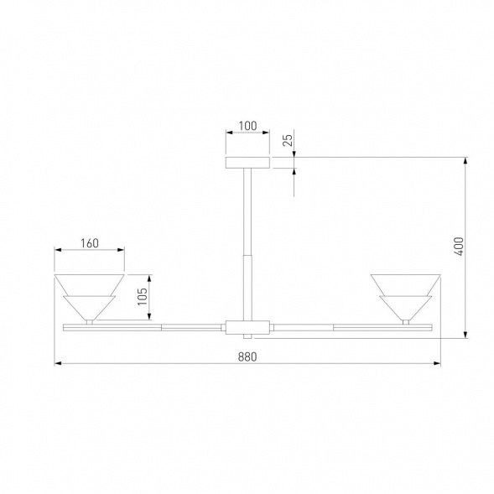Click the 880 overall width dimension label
pyautogui.click(x=247, y=356)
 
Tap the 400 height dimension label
pyautogui.click(x=458, y=247)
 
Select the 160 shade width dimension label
pyautogui.click(x=90, y=243)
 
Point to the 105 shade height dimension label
pyautogui.click(x=142, y=297)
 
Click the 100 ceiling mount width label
pyautogui.click(x=247, y=127)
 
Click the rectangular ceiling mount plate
pyautogui.click(x=247, y=161)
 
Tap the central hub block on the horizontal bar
pyautogui.click(x=247, y=325)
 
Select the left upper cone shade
pyautogui.click(x=90, y=283)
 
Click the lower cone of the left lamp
pyautogui.click(x=90, y=305)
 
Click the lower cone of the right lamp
pyautogui.click(x=405, y=305)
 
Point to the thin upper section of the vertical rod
pyautogui.click(x=247, y=210)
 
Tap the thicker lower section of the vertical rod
pyautogui.click(x=247, y=285)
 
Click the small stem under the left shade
pyautogui.click(x=90, y=320)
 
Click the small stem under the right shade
pyautogui.click(x=405, y=320)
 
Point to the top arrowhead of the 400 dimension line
pyautogui.click(x=467, y=159)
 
